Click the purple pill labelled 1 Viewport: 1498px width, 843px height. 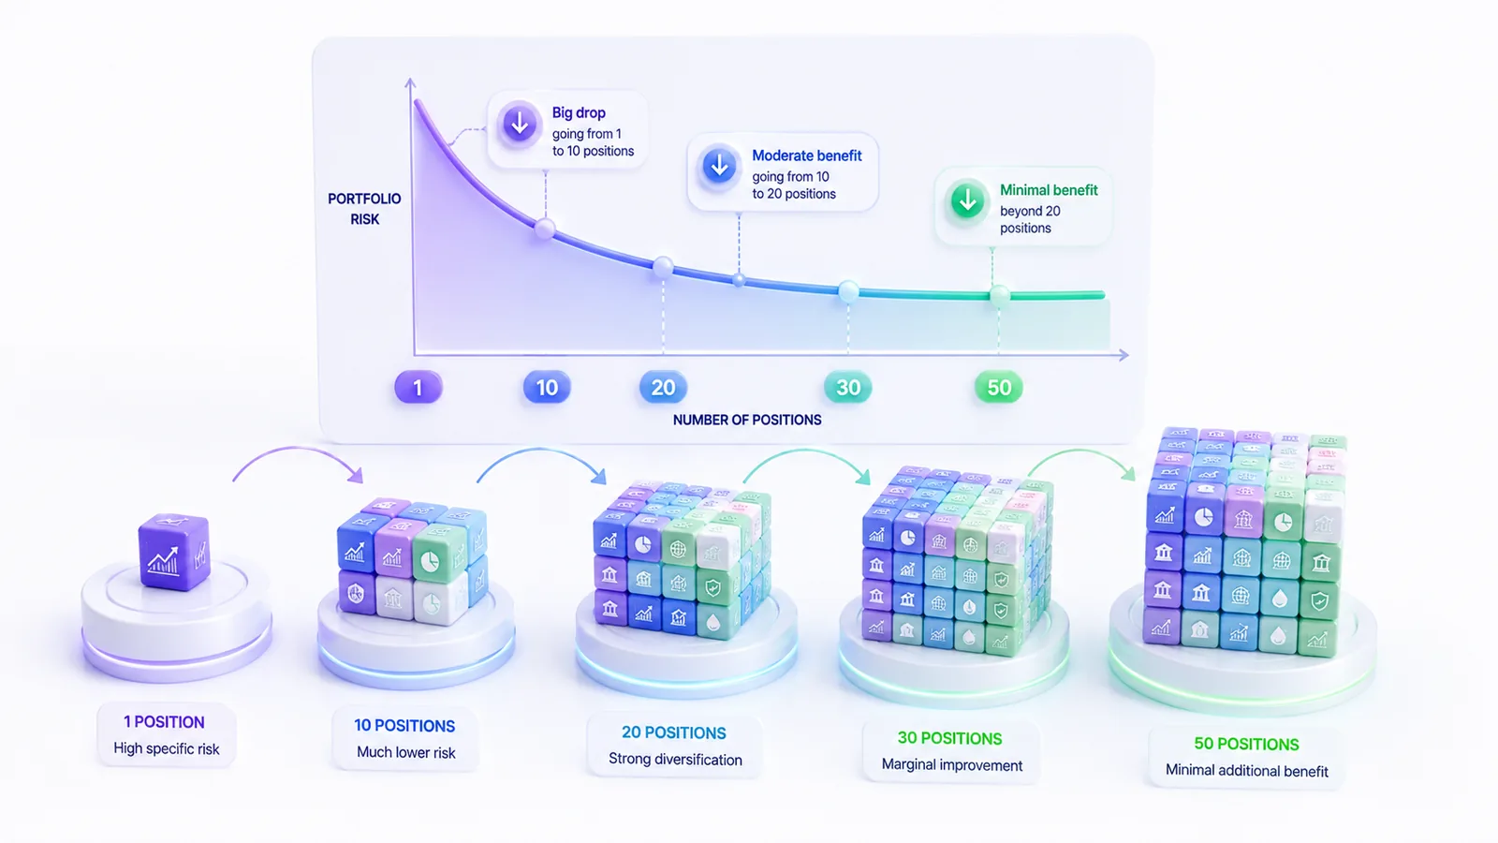(x=418, y=388)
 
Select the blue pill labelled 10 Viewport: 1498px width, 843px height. (x=547, y=388)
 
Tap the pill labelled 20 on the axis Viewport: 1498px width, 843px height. (x=663, y=388)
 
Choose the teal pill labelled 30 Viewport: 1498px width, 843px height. (x=848, y=388)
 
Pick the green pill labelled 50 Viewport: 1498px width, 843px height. (x=998, y=388)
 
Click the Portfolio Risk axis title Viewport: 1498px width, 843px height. (x=364, y=209)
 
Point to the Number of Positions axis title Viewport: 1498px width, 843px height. (x=747, y=421)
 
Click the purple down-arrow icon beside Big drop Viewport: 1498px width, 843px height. (x=519, y=124)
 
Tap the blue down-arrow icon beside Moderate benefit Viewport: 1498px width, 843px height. (x=719, y=166)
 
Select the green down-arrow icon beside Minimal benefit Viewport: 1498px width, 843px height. (x=967, y=200)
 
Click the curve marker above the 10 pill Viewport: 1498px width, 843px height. (x=545, y=229)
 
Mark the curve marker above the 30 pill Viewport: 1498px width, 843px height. (x=848, y=291)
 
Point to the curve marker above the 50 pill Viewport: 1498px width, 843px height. (x=999, y=295)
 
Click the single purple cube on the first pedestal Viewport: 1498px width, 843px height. (x=174, y=553)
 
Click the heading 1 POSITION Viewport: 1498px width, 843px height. (x=165, y=722)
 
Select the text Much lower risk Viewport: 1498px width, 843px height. (x=406, y=753)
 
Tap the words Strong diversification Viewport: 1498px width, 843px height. (x=675, y=760)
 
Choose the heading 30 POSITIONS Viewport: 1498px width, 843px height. (x=949, y=738)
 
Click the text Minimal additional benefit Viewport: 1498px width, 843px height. (x=1246, y=771)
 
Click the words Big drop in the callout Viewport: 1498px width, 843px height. (x=579, y=113)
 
